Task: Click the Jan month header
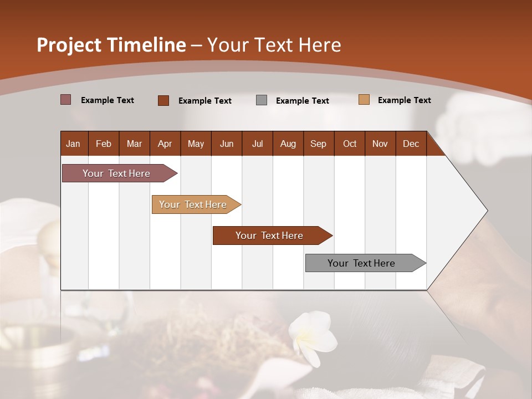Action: pos(74,144)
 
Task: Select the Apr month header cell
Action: pos(165,144)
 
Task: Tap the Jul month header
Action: pos(257,144)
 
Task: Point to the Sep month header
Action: pos(319,144)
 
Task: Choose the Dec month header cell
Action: pos(411,144)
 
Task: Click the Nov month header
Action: pos(380,144)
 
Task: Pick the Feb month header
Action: pos(104,144)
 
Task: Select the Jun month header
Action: pos(227,144)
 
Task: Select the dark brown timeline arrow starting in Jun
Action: pos(270,236)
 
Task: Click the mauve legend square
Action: pos(66,100)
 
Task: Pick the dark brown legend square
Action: pos(163,100)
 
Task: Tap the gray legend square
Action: pos(262,100)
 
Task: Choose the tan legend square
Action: pos(364,100)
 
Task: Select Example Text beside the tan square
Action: pos(404,100)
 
